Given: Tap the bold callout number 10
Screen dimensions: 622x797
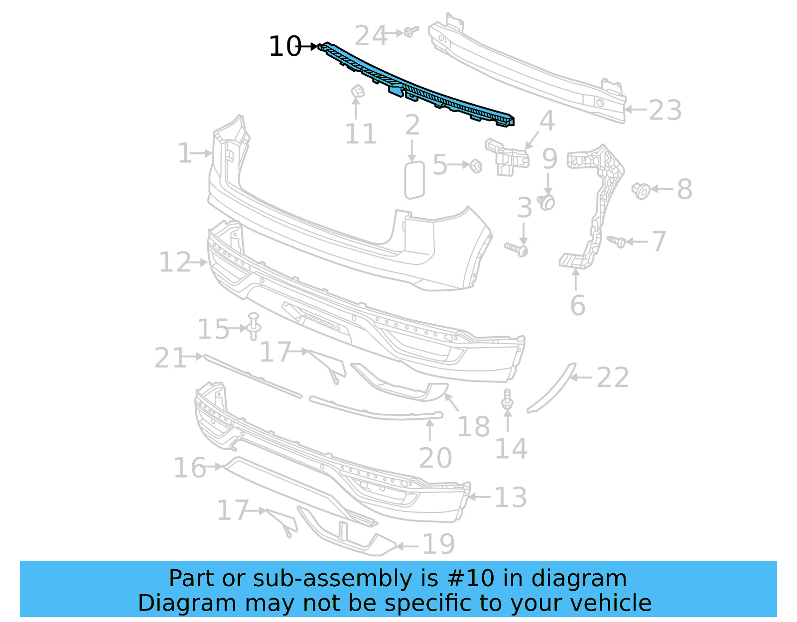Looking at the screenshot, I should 285,47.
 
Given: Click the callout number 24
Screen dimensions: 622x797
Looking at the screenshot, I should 371,36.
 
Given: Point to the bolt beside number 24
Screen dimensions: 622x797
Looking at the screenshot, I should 410,32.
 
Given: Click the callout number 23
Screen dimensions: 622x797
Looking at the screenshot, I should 665,111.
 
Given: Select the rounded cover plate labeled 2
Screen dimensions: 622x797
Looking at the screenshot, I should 414,179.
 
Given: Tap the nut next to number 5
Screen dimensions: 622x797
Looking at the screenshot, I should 476,165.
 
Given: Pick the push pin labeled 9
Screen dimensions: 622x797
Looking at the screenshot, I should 547,202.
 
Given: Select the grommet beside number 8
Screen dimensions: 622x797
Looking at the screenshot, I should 641,190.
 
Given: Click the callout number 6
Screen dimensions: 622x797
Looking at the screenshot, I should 577,305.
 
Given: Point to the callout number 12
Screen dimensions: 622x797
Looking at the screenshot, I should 175,262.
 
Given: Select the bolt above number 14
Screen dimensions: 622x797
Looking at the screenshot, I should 507,400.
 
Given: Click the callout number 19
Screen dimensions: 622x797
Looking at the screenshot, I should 438,544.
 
